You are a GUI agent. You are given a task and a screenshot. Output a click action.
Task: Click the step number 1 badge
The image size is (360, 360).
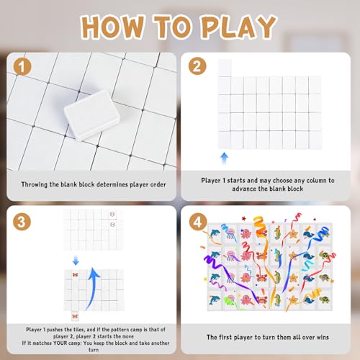click(x=22, y=67)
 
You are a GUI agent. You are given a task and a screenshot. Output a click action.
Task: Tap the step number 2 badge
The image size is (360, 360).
click(x=197, y=66)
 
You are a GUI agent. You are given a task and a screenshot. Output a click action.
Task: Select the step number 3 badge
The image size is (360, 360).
click(x=22, y=221)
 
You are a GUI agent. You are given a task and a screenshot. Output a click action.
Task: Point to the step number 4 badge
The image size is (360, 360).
click(x=198, y=222)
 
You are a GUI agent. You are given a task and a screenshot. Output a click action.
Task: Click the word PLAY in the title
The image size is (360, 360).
click(x=238, y=27)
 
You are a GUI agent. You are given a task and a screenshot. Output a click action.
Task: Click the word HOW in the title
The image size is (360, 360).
click(x=113, y=27)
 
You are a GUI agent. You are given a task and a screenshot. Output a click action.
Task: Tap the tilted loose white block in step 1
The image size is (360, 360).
click(x=91, y=115)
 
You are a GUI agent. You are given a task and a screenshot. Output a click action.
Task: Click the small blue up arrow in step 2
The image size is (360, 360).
click(x=224, y=158)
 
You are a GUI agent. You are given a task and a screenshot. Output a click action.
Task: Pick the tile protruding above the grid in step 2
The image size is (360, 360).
click(x=225, y=68)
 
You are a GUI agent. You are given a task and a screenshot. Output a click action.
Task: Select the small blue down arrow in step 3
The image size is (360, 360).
click(x=76, y=260)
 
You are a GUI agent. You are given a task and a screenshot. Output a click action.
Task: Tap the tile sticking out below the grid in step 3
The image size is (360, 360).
click(x=75, y=316)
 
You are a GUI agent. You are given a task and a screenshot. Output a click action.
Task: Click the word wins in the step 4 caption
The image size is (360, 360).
click(x=323, y=337)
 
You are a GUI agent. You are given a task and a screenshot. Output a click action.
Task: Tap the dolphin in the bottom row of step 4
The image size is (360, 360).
click(x=214, y=300)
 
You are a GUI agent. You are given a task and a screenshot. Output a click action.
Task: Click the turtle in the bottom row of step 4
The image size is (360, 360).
click(x=324, y=300)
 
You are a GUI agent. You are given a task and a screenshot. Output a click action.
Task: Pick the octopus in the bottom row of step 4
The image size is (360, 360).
click(x=246, y=300)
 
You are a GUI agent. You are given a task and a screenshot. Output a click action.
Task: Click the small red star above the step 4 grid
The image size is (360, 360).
click(x=244, y=218)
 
